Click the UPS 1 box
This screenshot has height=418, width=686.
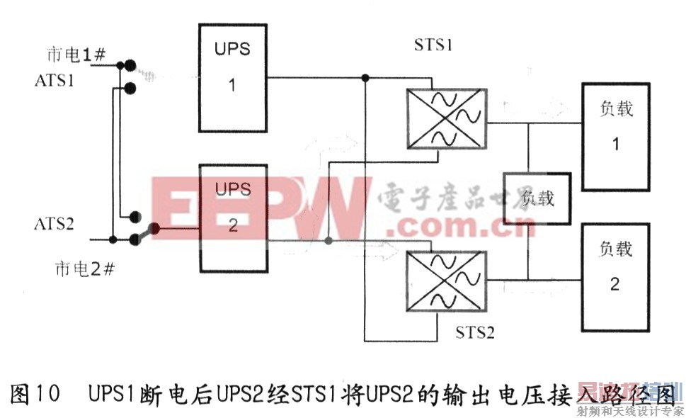tap(233, 77)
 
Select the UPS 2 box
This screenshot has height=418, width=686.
tap(233, 216)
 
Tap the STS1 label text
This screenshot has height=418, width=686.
tap(433, 46)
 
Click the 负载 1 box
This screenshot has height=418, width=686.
tap(614, 137)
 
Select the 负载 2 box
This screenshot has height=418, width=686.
tap(614, 276)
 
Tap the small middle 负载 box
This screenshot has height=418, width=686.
tap(536, 198)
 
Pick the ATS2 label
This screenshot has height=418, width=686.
tap(55, 223)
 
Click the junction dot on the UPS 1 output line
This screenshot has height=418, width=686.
tap(365, 77)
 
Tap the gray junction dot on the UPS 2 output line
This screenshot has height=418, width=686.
tap(328, 242)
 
